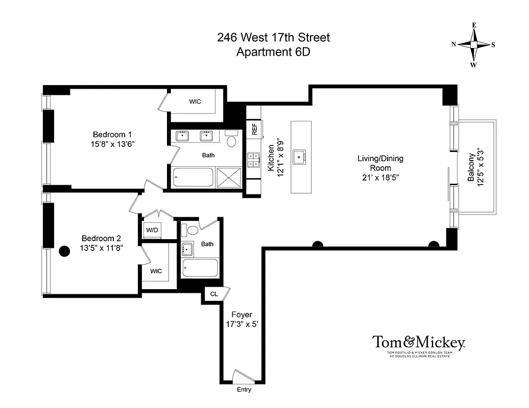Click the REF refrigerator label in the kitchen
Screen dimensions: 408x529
click(x=254, y=129)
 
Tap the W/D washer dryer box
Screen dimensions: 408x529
click(x=152, y=229)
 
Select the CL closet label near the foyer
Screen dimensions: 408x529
click(x=214, y=294)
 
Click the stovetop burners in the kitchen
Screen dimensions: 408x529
click(x=254, y=161)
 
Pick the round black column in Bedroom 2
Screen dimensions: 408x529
click(x=64, y=251)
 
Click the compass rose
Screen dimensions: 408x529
click(x=473, y=45)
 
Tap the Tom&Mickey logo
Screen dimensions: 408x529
click(x=418, y=342)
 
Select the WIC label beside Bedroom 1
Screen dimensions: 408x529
click(x=195, y=101)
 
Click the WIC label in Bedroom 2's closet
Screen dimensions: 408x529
click(x=156, y=271)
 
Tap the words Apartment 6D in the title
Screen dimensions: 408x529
click(x=273, y=52)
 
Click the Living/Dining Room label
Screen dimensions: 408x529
click(x=380, y=163)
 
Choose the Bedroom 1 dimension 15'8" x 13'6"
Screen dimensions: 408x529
click(x=111, y=144)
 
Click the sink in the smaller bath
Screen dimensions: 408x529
click(x=187, y=249)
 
